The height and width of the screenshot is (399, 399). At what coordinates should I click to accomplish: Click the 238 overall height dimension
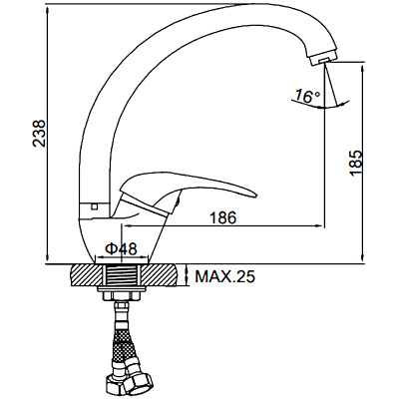[39, 135]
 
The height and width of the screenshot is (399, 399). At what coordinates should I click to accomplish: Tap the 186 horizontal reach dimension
[224, 218]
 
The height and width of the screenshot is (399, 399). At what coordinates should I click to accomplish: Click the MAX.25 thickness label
[224, 277]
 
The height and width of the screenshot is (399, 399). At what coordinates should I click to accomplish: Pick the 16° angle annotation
[306, 96]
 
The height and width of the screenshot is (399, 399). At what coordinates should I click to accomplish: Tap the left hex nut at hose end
[108, 385]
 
